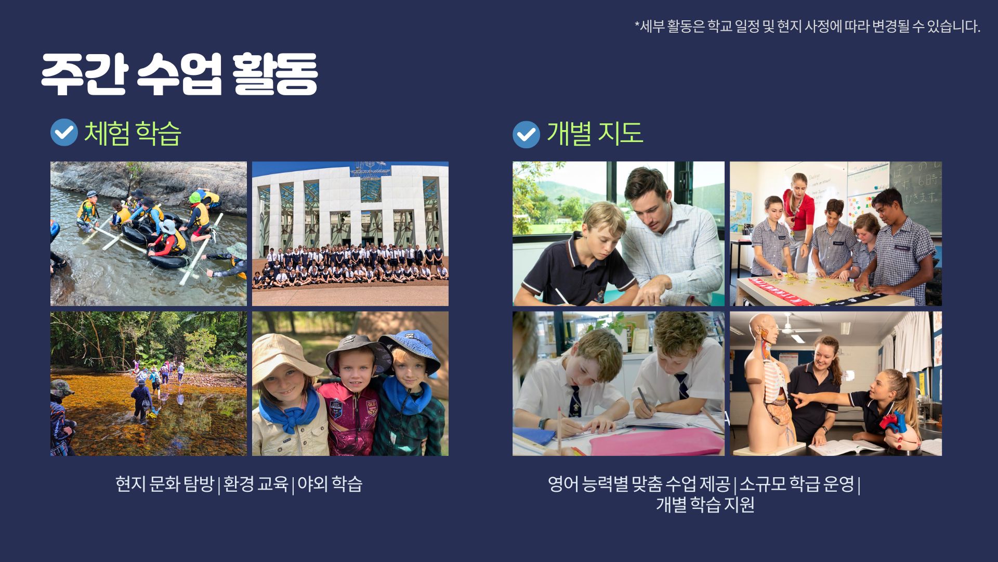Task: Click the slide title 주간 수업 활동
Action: (179, 74)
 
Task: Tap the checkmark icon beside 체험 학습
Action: (64, 133)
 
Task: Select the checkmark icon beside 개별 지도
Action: (526, 135)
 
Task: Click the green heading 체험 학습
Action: (133, 133)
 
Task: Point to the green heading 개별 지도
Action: (595, 133)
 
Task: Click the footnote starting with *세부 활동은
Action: (807, 26)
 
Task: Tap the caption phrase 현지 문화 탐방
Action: (164, 484)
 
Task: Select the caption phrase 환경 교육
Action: (255, 484)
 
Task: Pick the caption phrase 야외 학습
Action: (330, 484)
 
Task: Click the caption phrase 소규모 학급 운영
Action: (797, 484)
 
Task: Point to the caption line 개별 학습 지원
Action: (705, 504)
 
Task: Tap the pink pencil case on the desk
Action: (656, 442)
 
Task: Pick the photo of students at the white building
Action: (350, 234)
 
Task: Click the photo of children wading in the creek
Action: (149, 384)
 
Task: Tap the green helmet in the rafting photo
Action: (195, 197)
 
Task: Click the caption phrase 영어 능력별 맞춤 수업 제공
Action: (639, 484)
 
